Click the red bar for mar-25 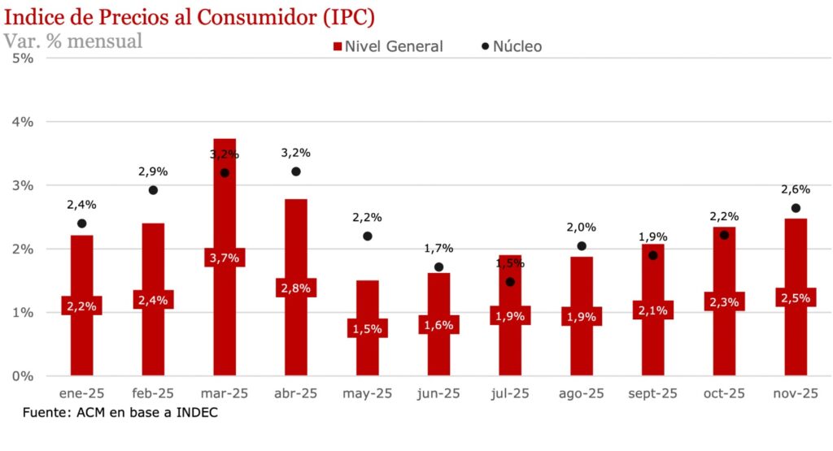point(225,211)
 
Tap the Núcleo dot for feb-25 point(153,190)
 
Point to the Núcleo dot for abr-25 point(296,171)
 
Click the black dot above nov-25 point(796,208)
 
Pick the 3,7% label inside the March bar point(225,258)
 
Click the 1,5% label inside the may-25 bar point(368,328)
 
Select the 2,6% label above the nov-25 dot point(796,189)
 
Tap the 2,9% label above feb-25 point(153,171)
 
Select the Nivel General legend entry point(387,46)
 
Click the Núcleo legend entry point(512,46)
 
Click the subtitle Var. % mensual point(73,40)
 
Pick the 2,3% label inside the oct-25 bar point(724,301)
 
